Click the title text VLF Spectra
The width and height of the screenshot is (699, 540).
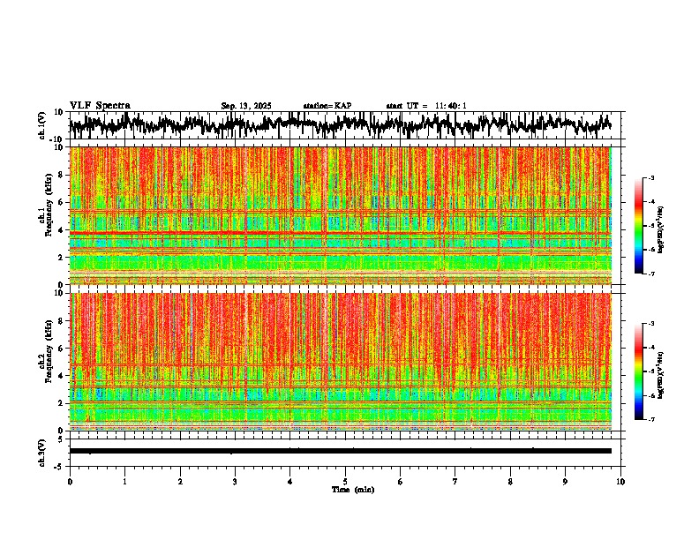100,105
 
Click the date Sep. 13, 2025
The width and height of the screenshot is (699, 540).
246,106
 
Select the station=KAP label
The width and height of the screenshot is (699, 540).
327,106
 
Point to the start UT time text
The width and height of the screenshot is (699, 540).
426,106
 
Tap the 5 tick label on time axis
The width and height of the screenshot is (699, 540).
345,481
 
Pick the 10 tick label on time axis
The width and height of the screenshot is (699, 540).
620,481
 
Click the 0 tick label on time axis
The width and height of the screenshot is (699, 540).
70,481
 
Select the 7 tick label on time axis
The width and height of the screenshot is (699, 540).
455,481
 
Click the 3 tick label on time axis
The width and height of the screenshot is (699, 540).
235,481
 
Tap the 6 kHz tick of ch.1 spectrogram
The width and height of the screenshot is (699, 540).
63,202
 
